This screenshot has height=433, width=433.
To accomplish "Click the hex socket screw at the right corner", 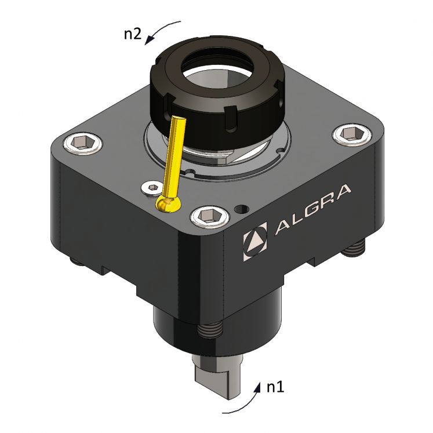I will click(x=350, y=134).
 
